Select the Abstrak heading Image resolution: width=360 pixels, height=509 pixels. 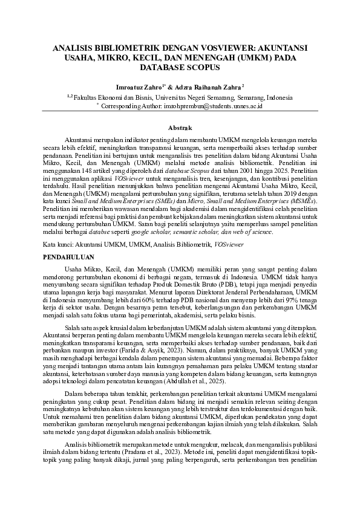click(180, 128)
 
